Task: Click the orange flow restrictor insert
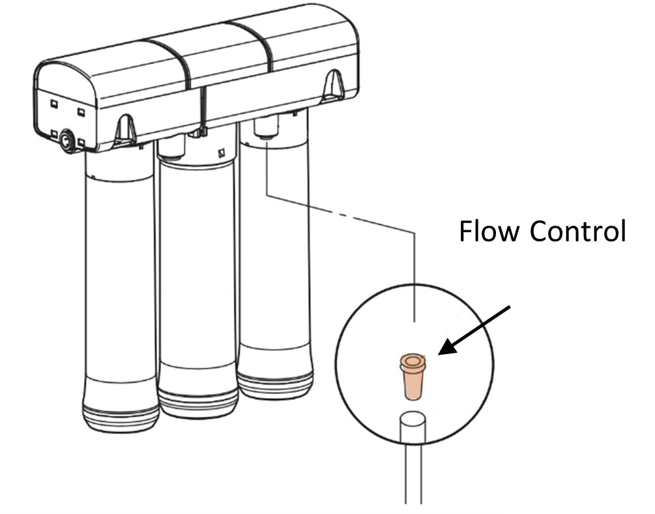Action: [411, 376]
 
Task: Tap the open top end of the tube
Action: [412, 418]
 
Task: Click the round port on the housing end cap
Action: [66, 140]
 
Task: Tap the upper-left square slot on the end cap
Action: [54, 104]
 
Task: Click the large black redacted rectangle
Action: [579, 257]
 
